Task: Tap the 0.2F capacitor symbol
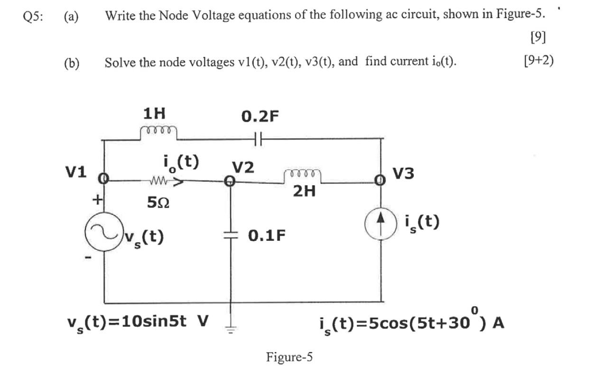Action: pos(258,138)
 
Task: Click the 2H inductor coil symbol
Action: pos(302,175)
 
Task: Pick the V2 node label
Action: pos(243,167)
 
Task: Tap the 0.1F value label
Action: pos(268,236)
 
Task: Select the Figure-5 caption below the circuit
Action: pos(289,356)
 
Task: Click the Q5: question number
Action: pos(33,16)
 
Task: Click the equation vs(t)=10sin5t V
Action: pos(138,322)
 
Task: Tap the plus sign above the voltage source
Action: pos(98,200)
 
